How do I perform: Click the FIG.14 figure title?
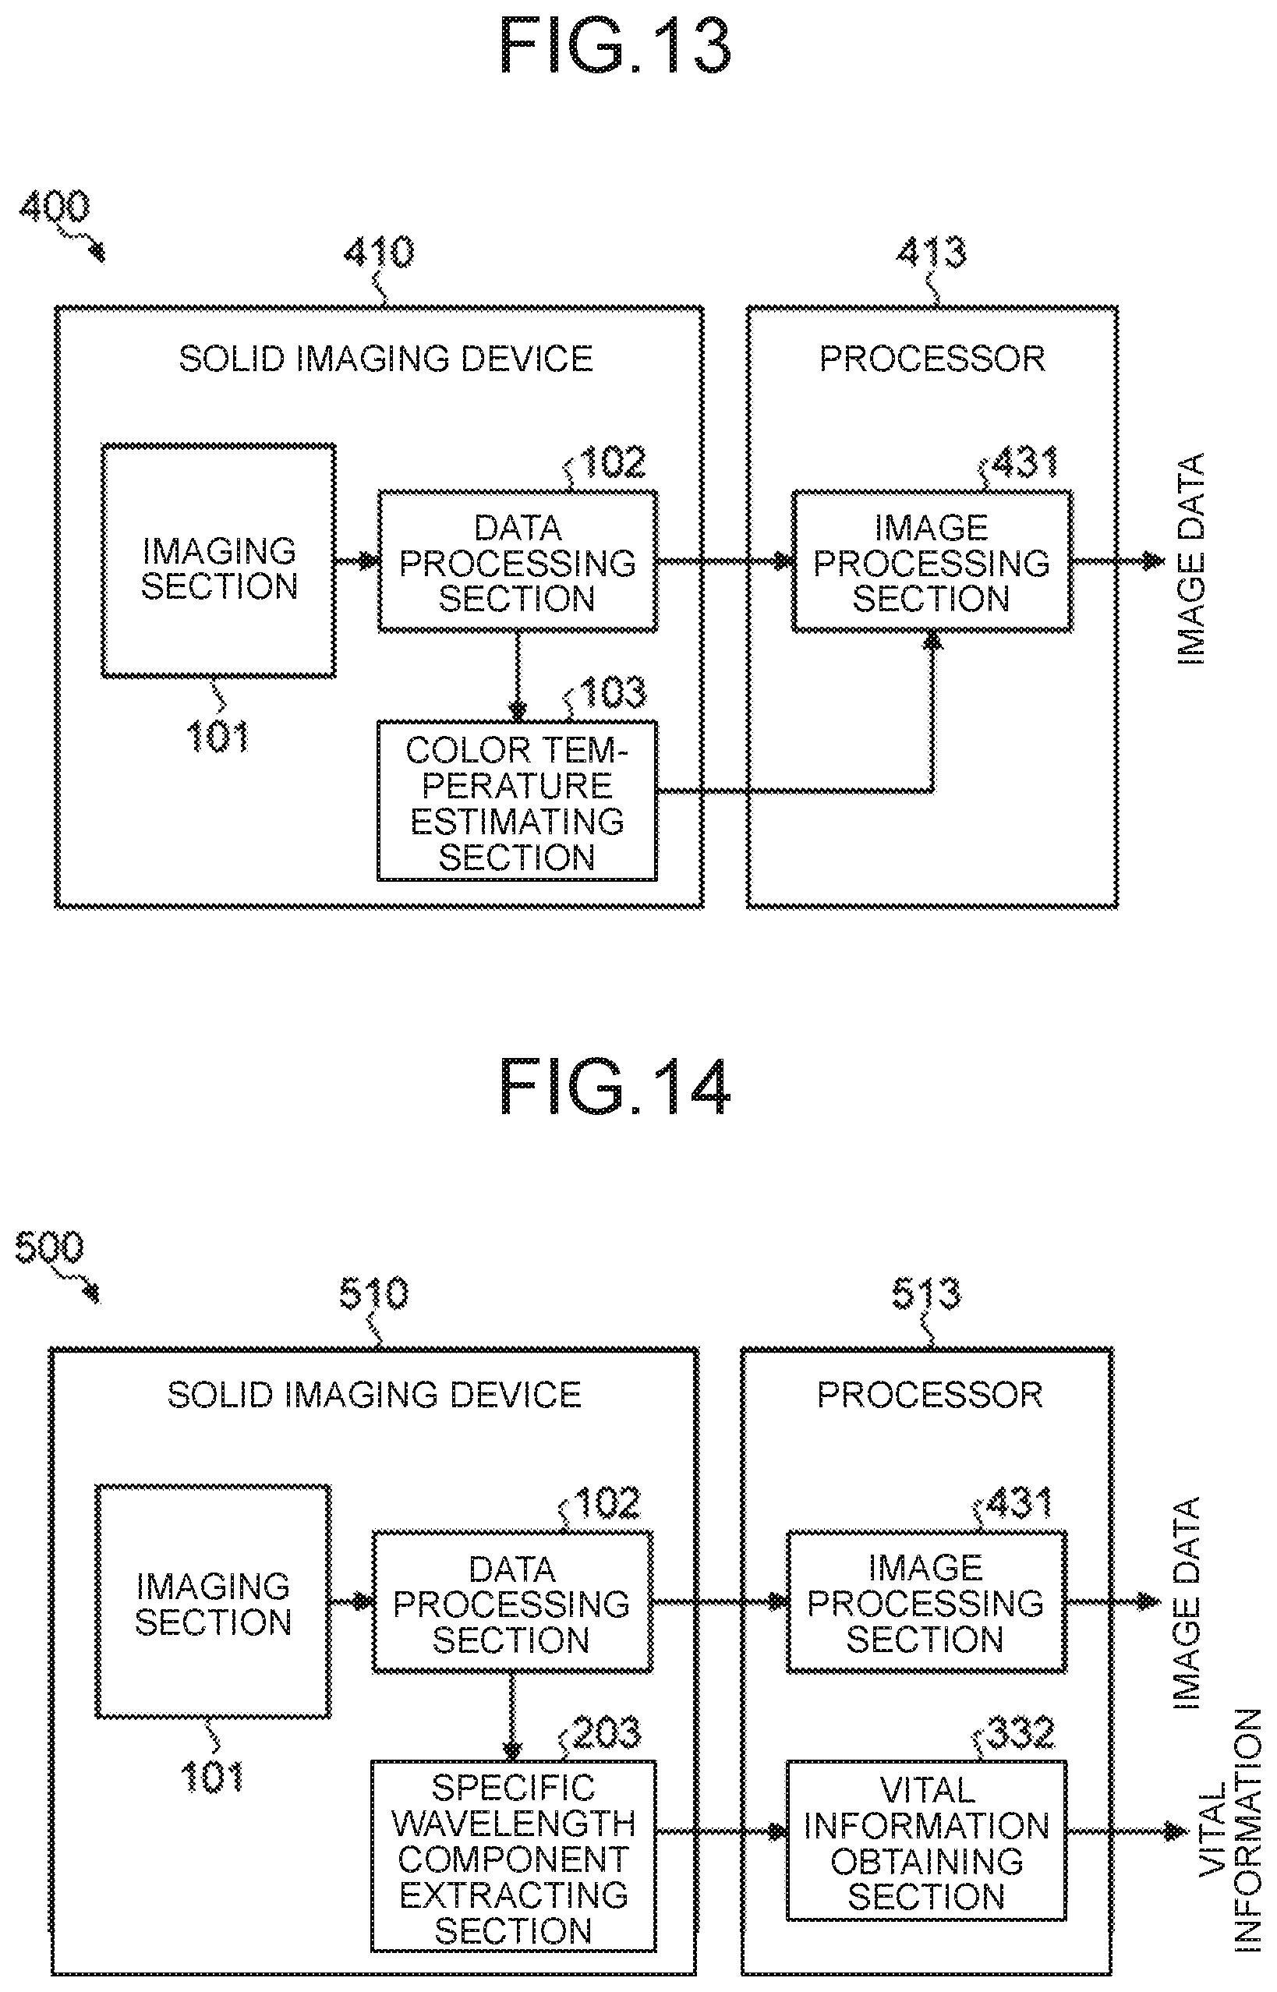[x=615, y=1085]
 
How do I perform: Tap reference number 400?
[x=55, y=206]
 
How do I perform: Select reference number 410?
[x=380, y=252]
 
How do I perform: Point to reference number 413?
[x=932, y=252]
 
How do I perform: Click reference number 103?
[x=614, y=692]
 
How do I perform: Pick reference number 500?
[x=50, y=1247]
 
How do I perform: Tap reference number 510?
[x=375, y=1293]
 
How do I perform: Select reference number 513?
[x=927, y=1293]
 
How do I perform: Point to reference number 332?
[x=1021, y=1732]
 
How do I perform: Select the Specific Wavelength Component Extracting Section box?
[x=513, y=1856]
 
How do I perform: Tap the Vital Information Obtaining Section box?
[x=926, y=1840]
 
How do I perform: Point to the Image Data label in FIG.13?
[x=1190, y=559]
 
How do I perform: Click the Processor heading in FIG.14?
[x=929, y=1396]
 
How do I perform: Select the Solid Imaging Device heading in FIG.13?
[x=387, y=359]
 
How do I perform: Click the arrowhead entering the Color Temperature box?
[x=518, y=712]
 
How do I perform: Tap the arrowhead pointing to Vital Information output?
[x=1177, y=1831]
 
